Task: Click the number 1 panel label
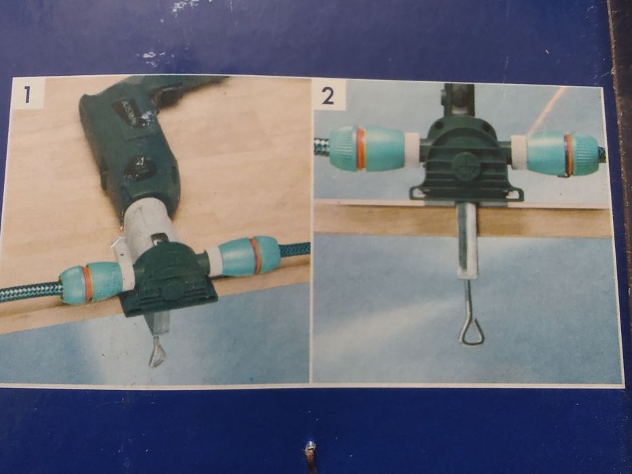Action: click(27, 94)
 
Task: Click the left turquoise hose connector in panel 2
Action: click(367, 149)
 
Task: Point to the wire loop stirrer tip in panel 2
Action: click(471, 331)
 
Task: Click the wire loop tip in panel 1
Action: click(156, 355)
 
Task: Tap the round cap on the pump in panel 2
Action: click(465, 166)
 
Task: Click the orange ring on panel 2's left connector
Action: click(360, 149)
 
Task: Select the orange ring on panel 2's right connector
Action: click(569, 155)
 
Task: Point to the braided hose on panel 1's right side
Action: click(294, 251)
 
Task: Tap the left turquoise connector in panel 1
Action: click(91, 282)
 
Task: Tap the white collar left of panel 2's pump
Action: click(412, 150)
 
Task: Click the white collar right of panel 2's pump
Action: click(519, 152)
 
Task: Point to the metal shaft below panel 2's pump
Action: click(468, 241)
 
